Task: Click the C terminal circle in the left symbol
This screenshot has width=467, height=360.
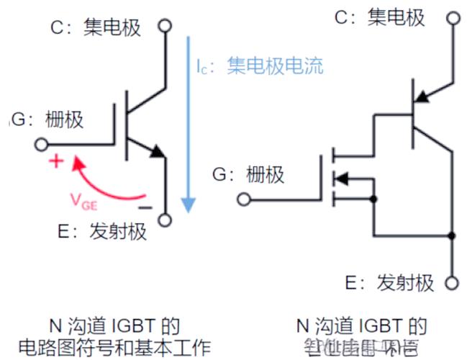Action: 166,27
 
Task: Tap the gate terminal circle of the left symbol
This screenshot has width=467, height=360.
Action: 40,144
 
